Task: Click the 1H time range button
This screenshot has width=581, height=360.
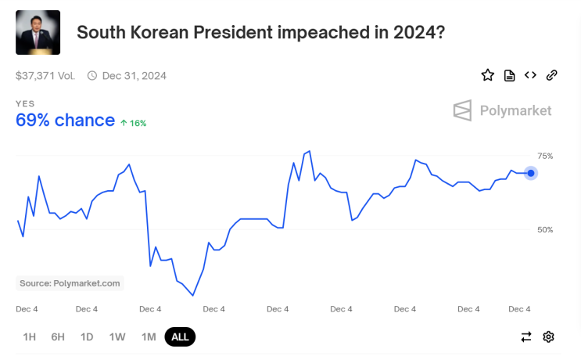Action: click(x=30, y=337)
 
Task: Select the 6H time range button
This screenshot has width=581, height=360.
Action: click(x=58, y=337)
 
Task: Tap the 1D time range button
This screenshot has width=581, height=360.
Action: click(x=87, y=337)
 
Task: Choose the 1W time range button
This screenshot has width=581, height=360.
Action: click(x=117, y=337)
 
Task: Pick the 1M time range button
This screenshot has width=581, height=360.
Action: click(x=149, y=337)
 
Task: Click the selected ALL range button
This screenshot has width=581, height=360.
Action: click(x=180, y=337)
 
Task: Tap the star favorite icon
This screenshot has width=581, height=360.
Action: click(x=488, y=75)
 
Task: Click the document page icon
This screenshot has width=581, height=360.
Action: click(x=509, y=75)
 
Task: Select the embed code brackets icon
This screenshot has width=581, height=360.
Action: click(x=530, y=75)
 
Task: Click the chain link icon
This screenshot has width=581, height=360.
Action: click(x=551, y=75)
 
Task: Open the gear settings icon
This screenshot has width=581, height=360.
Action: click(x=549, y=337)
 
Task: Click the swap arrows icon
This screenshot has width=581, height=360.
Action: click(x=526, y=337)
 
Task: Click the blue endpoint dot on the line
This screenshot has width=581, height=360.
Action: click(x=531, y=173)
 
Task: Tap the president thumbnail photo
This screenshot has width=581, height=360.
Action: click(x=38, y=32)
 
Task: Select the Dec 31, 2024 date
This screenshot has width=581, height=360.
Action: click(x=134, y=76)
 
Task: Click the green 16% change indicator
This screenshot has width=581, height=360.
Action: click(x=133, y=123)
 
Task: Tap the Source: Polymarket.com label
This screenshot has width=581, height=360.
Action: click(x=70, y=283)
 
